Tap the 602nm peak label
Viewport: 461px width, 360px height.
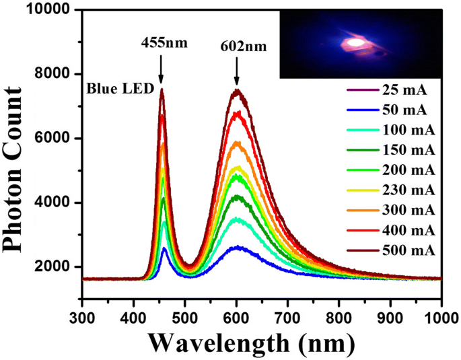point(237,48)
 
